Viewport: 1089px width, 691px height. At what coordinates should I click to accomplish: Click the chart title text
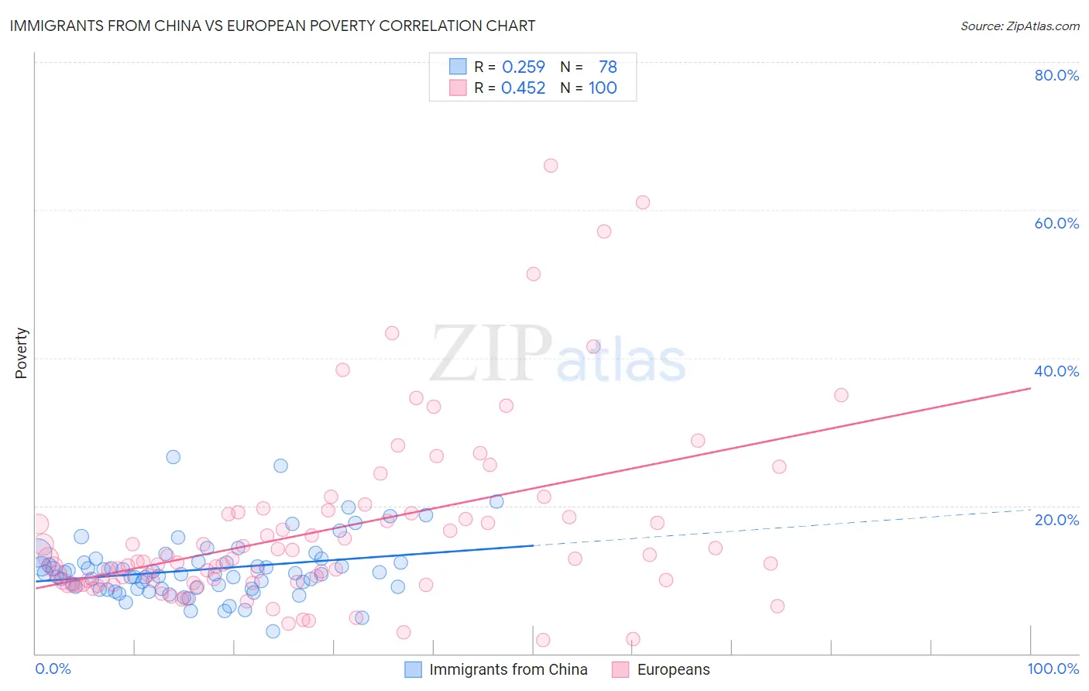click(x=272, y=26)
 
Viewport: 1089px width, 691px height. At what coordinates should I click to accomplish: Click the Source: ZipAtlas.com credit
click(x=1019, y=26)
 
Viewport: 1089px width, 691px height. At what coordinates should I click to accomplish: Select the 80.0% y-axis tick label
click(x=1056, y=75)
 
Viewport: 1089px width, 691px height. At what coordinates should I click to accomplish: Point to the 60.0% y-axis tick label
click(x=1056, y=223)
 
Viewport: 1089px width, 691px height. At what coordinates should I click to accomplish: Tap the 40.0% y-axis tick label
click(x=1056, y=371)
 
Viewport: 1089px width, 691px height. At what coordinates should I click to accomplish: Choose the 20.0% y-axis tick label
click(x=1056, y=520)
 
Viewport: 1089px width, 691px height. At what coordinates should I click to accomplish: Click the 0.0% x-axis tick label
click(x=53, y=669)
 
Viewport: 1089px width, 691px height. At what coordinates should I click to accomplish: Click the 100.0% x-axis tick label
click(x=1053, y=669)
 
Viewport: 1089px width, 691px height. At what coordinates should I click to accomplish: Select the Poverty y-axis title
click(x=21, y=353)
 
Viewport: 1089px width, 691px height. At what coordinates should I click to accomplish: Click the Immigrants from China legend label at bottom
click(x=508, y=669)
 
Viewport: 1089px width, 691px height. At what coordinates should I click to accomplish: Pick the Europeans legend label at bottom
click(x=673, y=669)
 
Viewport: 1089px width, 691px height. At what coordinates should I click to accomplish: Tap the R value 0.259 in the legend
click(x=524, y=67)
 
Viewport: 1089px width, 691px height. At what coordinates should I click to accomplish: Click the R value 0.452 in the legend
click(x=524, y=88)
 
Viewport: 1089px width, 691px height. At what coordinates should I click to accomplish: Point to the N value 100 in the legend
click(x=603, y=88)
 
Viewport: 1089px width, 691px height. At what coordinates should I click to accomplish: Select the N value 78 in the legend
click(x=607, y=67)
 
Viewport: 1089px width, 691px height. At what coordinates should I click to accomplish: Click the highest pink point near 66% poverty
click(x=551, y=165)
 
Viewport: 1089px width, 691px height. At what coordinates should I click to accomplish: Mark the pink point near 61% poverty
click(x=643, y=202)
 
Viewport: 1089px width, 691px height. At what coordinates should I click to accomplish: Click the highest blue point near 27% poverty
click(x=173, y=457)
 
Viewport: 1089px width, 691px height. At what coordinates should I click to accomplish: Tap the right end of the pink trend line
click(x=1030, y=387)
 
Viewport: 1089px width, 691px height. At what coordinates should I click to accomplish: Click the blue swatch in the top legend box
click(x=458, y=67)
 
